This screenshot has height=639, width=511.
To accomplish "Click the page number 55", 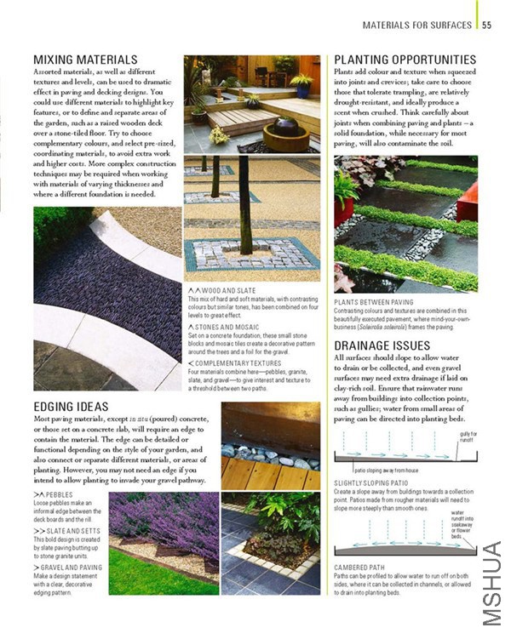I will [x=486, y=25].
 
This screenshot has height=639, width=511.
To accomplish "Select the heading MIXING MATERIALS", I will [x=85, y=60].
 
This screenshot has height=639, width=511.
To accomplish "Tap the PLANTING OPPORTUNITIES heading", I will [x=405, y=60].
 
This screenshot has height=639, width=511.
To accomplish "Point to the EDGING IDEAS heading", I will [x=74, y=408].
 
